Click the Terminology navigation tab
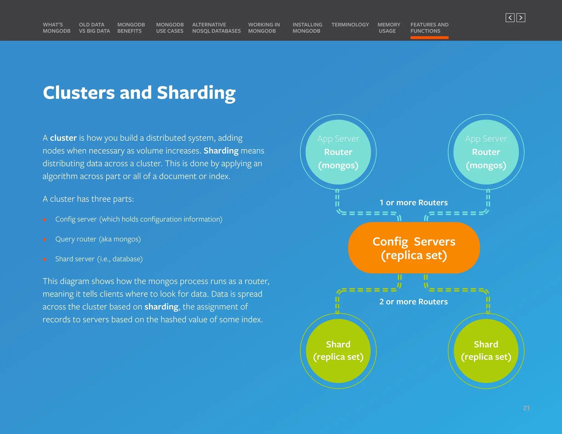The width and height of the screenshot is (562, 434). [350, 25]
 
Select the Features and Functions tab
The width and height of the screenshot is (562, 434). [429, 28]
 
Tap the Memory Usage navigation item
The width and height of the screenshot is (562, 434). [389, 28]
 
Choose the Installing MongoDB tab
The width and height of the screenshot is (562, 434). [307, 28]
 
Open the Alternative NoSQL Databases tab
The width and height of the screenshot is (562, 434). [216, 28]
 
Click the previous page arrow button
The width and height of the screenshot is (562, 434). [510, 18]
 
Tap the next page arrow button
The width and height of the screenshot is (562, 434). [521, 18]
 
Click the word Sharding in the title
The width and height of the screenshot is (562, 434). [196, 93]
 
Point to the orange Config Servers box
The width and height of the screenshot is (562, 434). [414, 248]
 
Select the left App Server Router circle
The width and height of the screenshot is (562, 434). [338, 152]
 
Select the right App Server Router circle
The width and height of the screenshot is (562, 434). [486, 152]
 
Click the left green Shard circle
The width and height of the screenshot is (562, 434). [338, 351]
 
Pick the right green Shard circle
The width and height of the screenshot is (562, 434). [486, 351]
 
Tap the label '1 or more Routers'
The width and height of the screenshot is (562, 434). [413, 203]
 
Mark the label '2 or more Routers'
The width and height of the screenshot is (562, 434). [413, 302]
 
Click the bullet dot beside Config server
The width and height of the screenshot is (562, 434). [44, 219]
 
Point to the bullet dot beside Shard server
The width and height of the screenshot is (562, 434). [44, 259]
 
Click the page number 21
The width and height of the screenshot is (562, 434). [526, 408]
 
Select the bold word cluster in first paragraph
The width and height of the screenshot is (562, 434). [63, 138]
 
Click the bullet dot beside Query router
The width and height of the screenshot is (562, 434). [44, 239]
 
